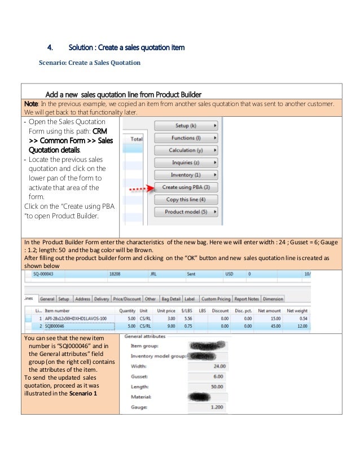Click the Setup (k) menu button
[186, 125]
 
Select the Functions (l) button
[186, 138]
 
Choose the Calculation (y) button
[186, 150]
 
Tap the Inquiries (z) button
[186, 162]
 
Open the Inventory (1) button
[186, 175]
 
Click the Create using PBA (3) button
[186, 187]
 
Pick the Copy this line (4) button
[186, 200]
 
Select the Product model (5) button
[186, 212]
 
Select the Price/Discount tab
[127, 299]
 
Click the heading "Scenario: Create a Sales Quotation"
[89, 63]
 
